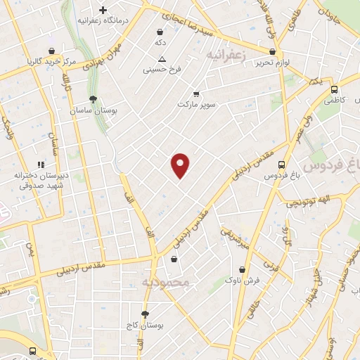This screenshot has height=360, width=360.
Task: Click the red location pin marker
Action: (180, 165)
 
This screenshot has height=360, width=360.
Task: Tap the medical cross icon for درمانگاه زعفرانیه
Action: (103, 11)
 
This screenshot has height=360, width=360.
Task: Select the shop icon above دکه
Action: (161, 32)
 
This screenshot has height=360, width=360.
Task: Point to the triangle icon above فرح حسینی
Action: (162, 59)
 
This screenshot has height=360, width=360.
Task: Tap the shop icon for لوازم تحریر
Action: (272, 51)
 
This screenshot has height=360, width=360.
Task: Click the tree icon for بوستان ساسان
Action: (94, 99)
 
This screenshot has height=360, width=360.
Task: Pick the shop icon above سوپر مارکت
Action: (196, 94)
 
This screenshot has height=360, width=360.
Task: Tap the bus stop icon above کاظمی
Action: (334, 89)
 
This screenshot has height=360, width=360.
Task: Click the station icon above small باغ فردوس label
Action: (282, 162)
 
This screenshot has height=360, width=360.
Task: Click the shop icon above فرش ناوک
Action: (243, 269)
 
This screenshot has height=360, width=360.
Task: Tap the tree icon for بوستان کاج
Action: (145, 314)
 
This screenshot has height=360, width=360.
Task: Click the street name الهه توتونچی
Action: (310, 203)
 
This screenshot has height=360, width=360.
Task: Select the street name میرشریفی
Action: (235, 239)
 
